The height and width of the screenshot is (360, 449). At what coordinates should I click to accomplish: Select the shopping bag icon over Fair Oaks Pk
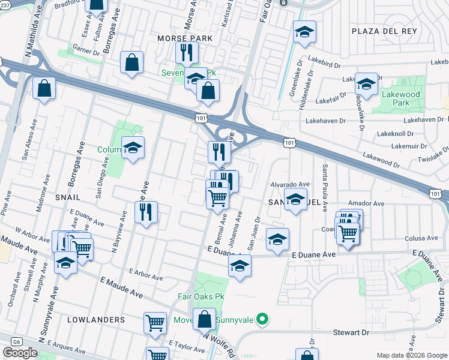pyautogui.click(x=205, y=319)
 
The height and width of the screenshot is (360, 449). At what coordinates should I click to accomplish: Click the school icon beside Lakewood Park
pyautogui.click(x=366, y=83)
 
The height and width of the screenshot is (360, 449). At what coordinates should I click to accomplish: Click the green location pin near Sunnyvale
pyautogui.click(x=261, y=319)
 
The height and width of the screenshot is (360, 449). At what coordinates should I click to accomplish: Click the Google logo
pyautogui.click(x=20, y=353)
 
